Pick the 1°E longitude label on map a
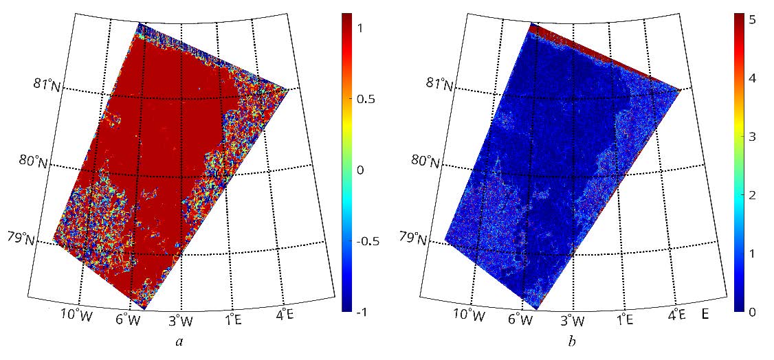233,318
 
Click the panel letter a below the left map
181,341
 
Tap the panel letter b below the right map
573,341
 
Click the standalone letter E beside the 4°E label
705,316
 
